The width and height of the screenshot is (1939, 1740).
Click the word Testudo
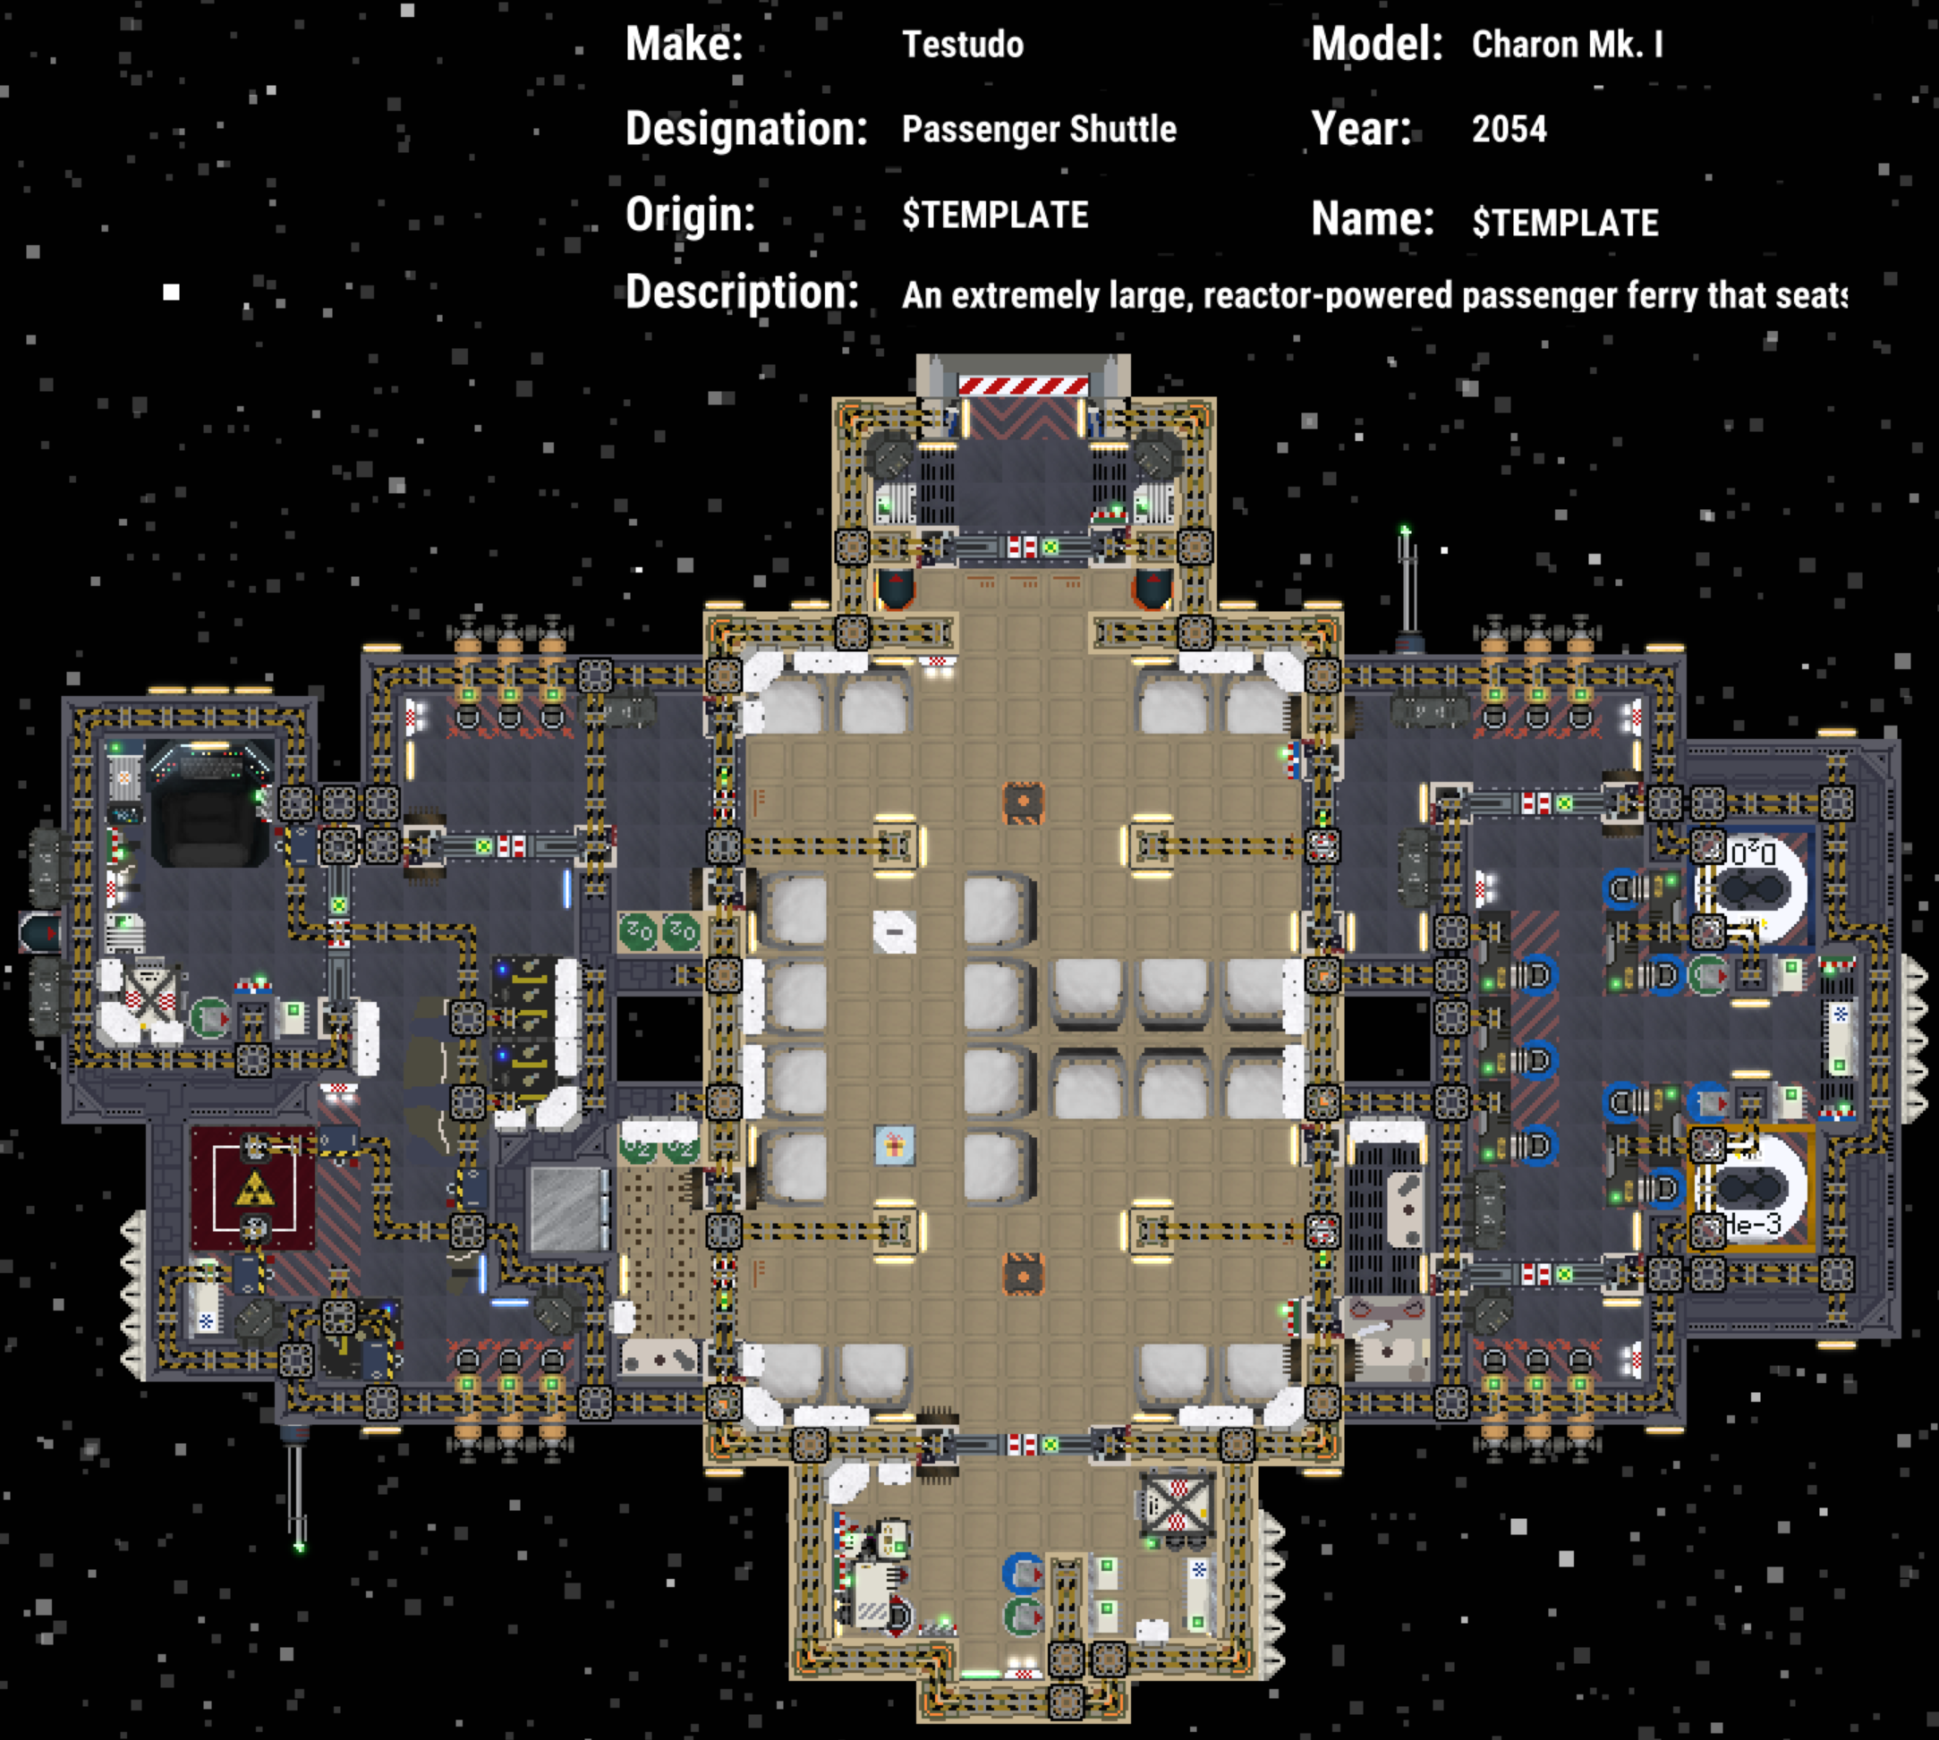coord(963,45)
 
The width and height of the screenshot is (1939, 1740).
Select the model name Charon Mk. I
coord(1567,45)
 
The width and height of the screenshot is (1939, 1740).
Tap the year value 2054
coord(1509,129)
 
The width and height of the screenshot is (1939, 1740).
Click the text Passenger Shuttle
coord(1038,129)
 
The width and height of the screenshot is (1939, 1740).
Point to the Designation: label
coord(745,128)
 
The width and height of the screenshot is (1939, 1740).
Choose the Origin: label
coord(689,214)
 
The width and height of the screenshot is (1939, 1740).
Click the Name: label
coord(1372,219)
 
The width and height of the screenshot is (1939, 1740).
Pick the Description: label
coord(742,292)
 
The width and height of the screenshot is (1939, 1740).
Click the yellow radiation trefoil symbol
coord(254,1191)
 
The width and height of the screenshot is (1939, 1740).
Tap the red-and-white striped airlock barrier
coord(1023,386)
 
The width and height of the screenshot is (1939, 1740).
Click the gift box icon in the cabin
coord(894,1145)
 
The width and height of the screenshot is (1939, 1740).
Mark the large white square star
coord(171,293)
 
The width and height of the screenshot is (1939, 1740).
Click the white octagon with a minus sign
coord(894,931)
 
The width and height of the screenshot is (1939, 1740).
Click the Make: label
coord(684,44)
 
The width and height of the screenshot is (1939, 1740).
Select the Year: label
coord(1361,129)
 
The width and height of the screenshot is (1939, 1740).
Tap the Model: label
coord(1376,44)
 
